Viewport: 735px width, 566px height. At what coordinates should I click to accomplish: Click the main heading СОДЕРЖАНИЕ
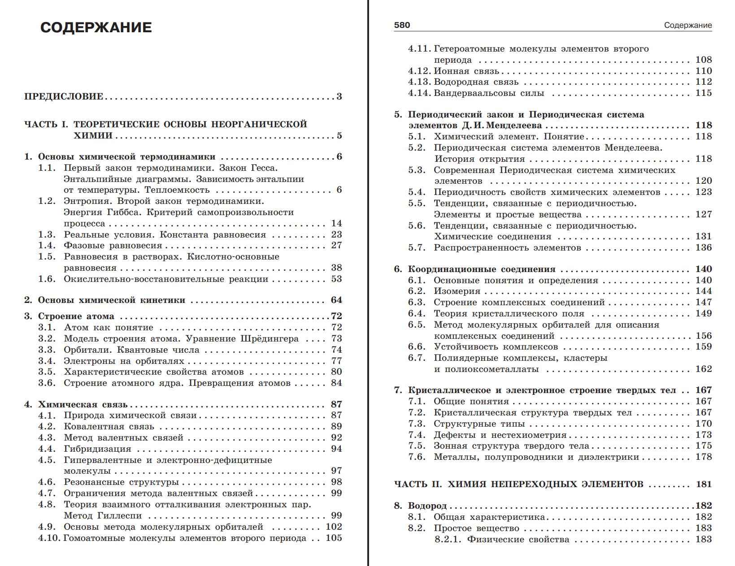(x=96, y=27)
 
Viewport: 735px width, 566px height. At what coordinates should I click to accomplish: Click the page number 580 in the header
(x=402, y=25)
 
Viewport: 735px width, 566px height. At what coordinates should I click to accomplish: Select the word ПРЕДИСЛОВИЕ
(x=64, y=96)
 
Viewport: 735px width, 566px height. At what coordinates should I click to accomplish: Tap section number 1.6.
(x=47, y=279)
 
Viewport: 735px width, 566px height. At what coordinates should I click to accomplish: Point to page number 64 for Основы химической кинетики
(x=336, y=300)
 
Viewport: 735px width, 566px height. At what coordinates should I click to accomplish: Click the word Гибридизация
(x=97, y=449)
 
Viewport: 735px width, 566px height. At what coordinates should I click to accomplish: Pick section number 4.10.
(x=48, y=538)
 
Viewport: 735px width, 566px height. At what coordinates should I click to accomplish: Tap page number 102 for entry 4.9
(x=334, y=527)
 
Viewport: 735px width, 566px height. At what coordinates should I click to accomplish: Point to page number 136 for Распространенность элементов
(x=704, y=247)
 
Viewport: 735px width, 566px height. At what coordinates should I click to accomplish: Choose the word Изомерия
(x=457, y=291)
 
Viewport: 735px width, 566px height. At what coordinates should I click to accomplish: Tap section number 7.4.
(x=417, y=435)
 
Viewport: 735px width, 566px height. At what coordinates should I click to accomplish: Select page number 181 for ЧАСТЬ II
(x=704, y=484)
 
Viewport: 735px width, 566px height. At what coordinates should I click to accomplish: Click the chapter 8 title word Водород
(x=427, y=506)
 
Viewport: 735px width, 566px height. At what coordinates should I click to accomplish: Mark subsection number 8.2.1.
(x=448, y=539)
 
